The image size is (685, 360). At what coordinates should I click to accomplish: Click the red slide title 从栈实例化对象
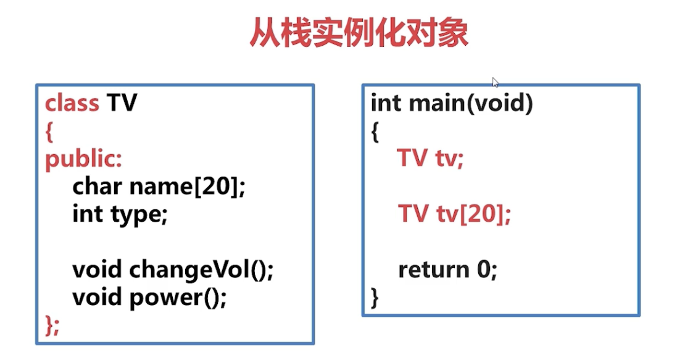[x=359, y=33]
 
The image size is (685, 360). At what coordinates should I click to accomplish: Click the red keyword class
[x=72, y=103]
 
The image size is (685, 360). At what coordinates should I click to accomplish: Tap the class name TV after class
[x=122, y=103]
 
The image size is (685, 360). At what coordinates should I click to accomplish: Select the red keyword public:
[x=84, y=159]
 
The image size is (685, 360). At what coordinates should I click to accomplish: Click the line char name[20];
[x=159, y=186]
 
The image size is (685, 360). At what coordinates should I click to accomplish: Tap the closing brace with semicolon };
[x=52, y=325]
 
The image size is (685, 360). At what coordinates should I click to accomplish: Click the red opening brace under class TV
[x=49, y=131]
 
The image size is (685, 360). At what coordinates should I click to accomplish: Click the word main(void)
[x=470, y=103]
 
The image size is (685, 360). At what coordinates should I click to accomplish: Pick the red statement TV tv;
[x=430, y=159]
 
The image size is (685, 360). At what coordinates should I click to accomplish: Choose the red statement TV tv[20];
[x=455, y=214]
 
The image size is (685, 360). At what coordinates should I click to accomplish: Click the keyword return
[x=434, y=270]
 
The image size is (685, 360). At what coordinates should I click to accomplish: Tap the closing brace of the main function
[x=375, y=298]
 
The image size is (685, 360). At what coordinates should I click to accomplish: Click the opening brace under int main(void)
[x=375, y=131]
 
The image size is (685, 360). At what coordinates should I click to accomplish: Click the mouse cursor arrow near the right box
[x=496, y=83]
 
